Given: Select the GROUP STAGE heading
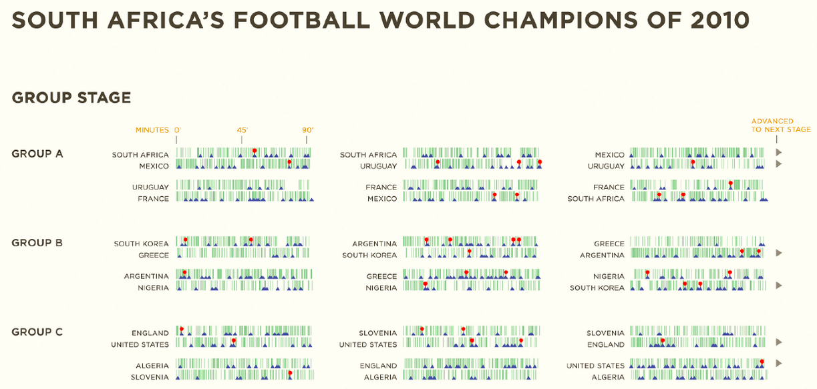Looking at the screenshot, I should click(x=71, y=97).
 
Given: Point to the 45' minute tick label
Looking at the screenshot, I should click(x=242, y=130).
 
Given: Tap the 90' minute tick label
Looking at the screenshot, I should click(x=307, y=130).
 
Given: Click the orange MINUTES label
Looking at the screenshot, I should click(x=152, y=130).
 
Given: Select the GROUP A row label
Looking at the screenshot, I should click(x=37, y=153).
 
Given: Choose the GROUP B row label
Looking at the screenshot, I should click(x=37, y=243).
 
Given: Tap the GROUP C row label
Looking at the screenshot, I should click(x=37, y=332).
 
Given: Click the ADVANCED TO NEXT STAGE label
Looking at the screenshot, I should click(x=780, y=125).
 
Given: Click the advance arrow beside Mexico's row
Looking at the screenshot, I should click(x=778, y=153).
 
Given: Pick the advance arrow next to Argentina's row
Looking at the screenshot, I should click(x=778, y=254).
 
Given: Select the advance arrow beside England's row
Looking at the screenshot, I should click(x=778, y=342).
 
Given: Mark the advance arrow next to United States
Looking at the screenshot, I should click(x=778, y=364).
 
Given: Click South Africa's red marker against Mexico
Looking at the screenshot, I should click(x=255, y=150).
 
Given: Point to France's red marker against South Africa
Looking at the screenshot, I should click(x=731, y=183).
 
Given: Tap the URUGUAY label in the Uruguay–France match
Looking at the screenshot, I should click(x=150, y=187).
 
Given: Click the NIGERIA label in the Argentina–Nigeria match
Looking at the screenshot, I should click(x=154, y=288).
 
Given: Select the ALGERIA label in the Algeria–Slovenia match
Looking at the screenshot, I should click(x=152, y=366).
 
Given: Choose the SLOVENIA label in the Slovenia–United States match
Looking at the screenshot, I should click(x=378, y=333).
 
